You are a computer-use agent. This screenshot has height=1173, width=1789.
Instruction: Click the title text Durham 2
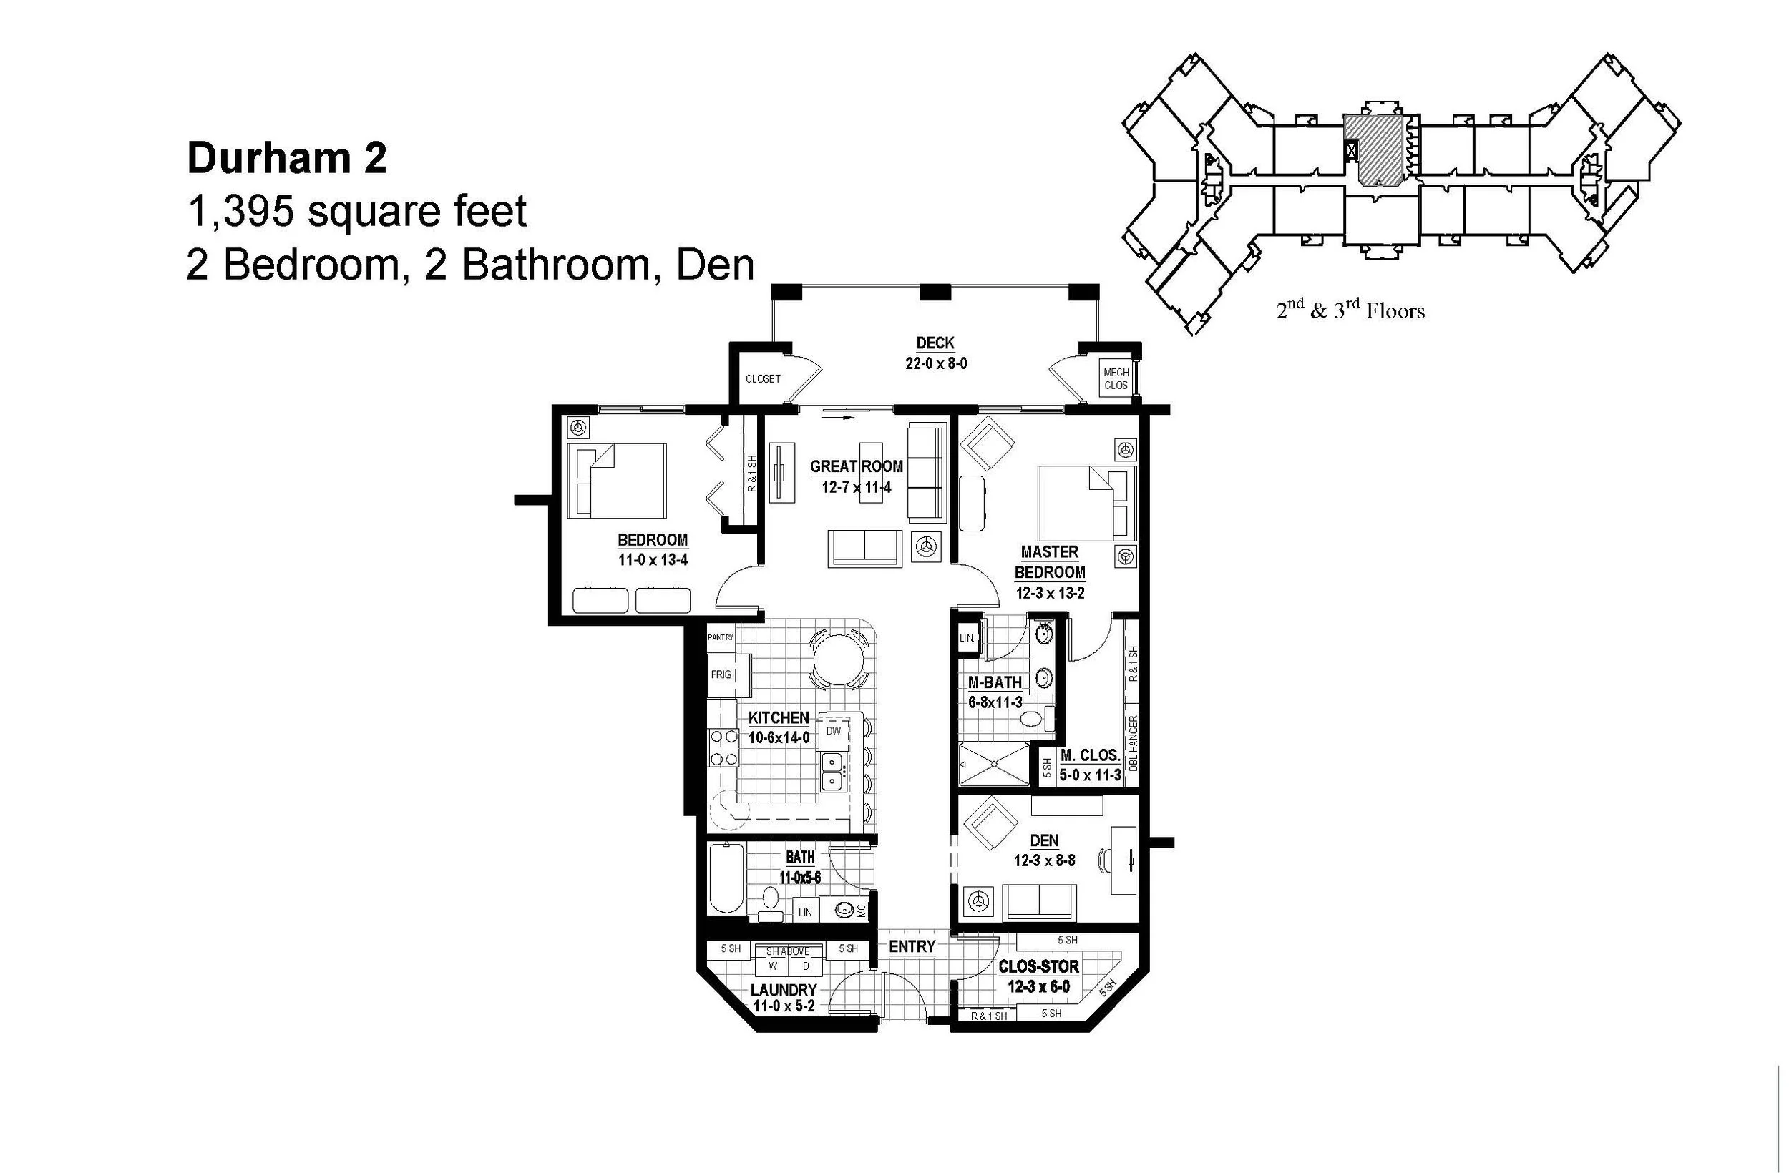pyautogui.click(x=286, y=159)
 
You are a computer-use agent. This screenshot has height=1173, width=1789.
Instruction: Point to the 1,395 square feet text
pyautogui.click(x=356, y=211)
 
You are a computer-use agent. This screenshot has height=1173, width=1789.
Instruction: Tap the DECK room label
pyautogui.click(x=935, y=343)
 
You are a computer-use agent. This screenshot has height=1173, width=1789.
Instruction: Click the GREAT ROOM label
pyautogui.click(x=856, y=466)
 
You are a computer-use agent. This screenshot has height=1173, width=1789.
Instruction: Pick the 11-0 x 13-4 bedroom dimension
pyautogui.click(x=653, y=560)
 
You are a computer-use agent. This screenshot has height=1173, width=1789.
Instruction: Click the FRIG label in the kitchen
pyautogui.click(x=721, y=674)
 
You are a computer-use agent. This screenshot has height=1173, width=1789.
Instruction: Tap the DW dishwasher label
pyautogui.click(x=833, y=730)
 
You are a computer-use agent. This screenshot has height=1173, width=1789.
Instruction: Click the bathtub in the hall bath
pyautogui.click(x=727, y=878)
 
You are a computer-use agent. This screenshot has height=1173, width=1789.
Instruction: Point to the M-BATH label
pyautogui.click(x=995, y=682)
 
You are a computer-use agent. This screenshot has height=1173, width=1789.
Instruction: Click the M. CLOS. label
pyautogui.click(x=1090, y=756)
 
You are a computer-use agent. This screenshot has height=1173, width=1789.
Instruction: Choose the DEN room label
pyautogui.click(x=1044, y=841)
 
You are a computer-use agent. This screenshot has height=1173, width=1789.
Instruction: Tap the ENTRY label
pyautogui.click(x=912, y=946)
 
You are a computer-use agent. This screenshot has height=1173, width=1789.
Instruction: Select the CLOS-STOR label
pyautogui.click(x=1038, y=966)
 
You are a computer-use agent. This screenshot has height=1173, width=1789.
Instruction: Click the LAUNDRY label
pyautogui.click(x=784, y=990)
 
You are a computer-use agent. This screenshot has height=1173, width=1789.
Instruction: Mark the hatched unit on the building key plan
pyautogui.click(x=1373, y=149)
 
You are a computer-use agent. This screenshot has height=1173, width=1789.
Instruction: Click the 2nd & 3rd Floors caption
pyautogui.click(x=1350, y=311)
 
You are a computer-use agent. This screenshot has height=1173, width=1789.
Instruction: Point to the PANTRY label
pyautogui.click(x=720, y=637)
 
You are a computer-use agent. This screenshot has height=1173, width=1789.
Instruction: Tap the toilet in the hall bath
pyautogui.click(x=771, y=897)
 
